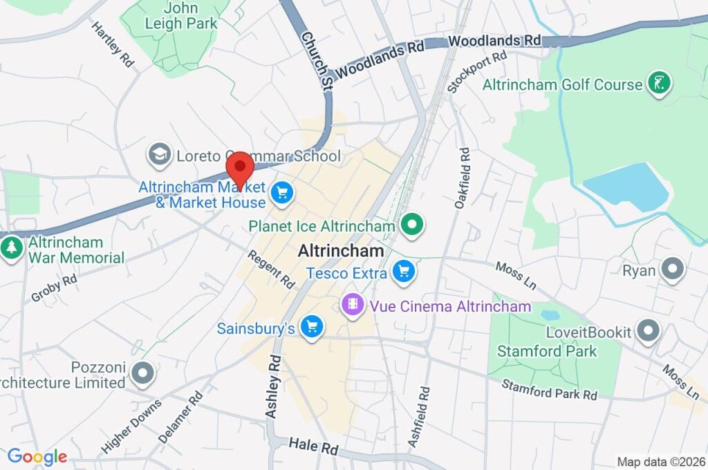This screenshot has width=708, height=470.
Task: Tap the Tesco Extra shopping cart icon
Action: click(x=404, y=272)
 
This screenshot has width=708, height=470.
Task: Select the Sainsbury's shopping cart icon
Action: click(x=312, y=327)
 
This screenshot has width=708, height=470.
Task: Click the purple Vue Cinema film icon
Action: click(x=353, y=305)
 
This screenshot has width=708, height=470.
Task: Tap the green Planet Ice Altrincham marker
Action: click(x=412, y=225)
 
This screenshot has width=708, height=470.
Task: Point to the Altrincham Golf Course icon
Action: click(x=659, y=84)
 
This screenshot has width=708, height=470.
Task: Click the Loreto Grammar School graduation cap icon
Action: click(x=160, y=156)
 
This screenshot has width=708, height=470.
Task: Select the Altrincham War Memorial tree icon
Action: click(x=11, y=248)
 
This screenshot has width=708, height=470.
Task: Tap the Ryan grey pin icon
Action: click(x=671, y=270)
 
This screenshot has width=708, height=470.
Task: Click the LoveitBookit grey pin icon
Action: click(x=648, y=332)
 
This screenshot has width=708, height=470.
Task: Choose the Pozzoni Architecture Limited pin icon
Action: click(x=143, y=373)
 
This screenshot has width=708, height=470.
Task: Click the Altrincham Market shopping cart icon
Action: click(x=281, y=193)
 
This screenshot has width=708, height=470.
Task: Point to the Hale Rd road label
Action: click(x=313, y=446)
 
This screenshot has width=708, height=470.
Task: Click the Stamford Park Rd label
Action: click(x=549, y=389)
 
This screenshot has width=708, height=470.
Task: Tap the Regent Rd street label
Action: click(x=272, y=269)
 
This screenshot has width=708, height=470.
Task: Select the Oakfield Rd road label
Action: click(x=462, y=178)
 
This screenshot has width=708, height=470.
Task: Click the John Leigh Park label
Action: click(x=181, y=15)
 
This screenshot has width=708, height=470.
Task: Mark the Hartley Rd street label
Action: click(x=112, y=44)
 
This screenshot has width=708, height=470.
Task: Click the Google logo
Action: click(x=37, y=456)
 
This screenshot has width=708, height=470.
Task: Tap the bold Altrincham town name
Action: click(x=340, y=252)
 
